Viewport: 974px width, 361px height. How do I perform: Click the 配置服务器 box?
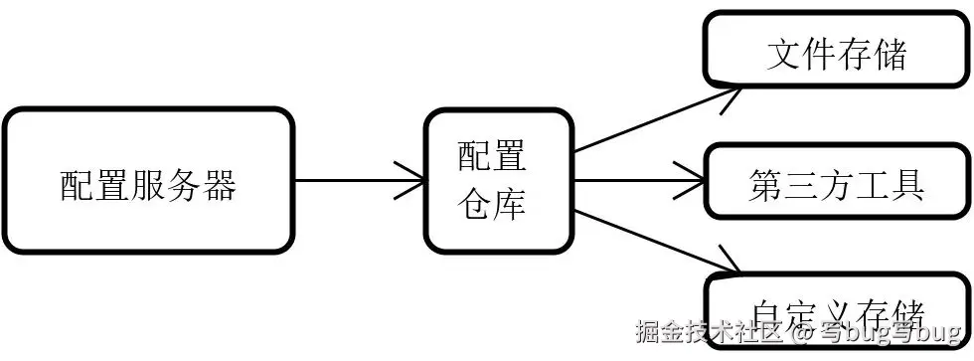[149, 181]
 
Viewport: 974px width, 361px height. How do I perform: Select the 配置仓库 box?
[499, 181]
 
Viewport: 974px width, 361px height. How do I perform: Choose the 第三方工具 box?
[836, 181]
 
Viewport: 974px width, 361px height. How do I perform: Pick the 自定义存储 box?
[836, 310]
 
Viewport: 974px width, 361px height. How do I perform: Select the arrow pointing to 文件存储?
[656, 118]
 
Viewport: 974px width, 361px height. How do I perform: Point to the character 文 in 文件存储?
[784, 54]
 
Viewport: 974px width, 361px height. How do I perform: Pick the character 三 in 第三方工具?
[801, 185]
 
